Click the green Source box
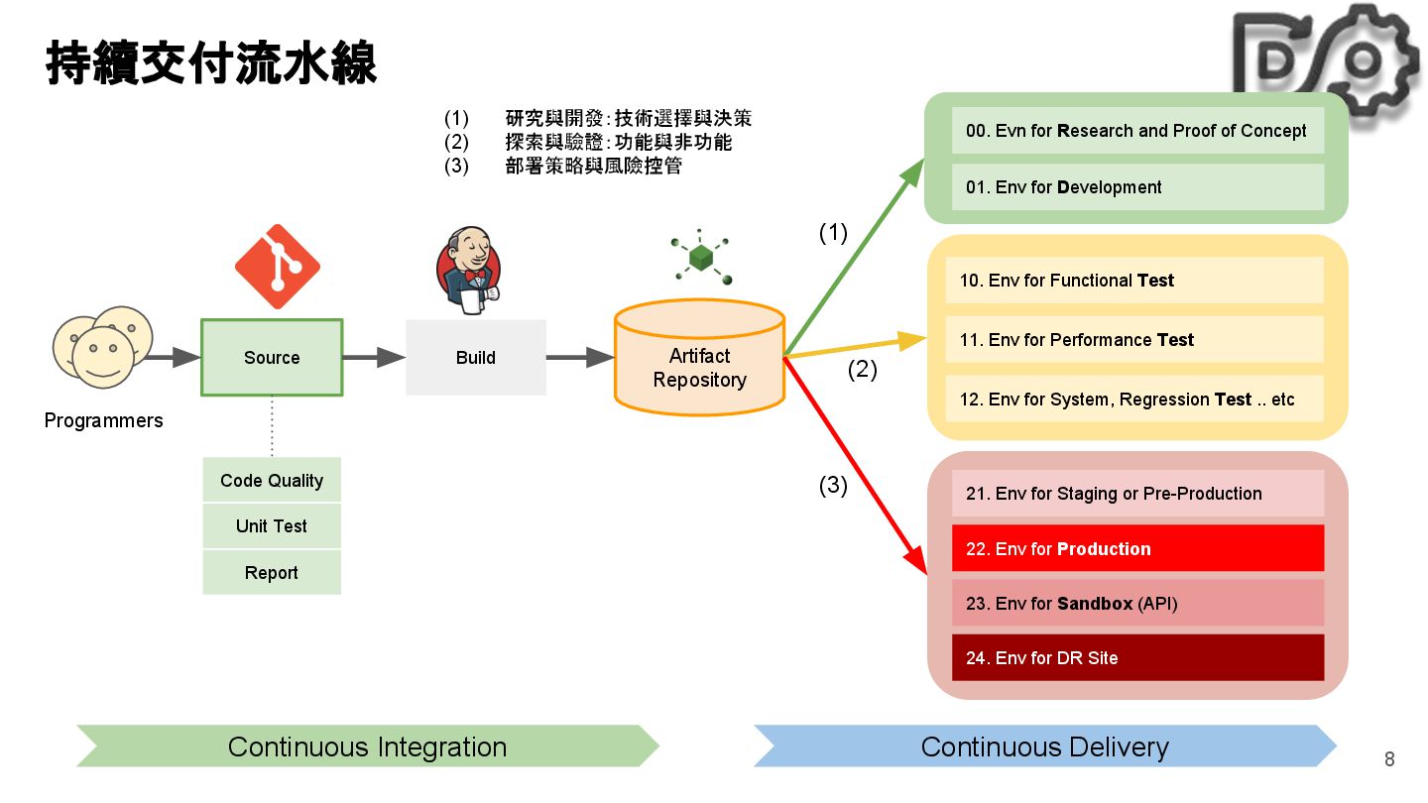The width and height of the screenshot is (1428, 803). click(x=272, y=358)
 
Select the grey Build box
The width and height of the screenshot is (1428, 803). click(x=476, y=358)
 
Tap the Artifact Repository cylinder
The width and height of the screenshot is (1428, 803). click(x=699, y=363)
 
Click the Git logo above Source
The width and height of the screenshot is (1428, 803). click(x=278, y=266)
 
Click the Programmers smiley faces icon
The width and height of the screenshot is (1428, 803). click(x=102, y=346)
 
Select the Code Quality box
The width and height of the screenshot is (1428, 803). click(x=272, y=481)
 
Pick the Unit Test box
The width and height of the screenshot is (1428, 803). click(x=272, y=526)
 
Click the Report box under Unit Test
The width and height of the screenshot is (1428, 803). click(x=272, y=573)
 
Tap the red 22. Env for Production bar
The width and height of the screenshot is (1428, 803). click(x=1137, y=549)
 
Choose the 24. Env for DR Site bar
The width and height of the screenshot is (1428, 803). click(x=1137, y=658)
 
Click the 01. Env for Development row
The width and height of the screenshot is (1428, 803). click(x=1137, y=187)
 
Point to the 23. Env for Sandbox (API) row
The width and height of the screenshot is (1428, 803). click(x=1137, y=604)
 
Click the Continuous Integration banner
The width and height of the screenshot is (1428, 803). click(x=367, y=746)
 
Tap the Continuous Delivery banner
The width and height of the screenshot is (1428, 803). click(x=1045, y=746)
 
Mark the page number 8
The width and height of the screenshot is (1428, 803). click(x=1389, y=759)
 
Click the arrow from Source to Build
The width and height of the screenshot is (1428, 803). click(x=374, y=358)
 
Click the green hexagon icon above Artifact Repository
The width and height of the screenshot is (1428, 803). click(x=701, y=258)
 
